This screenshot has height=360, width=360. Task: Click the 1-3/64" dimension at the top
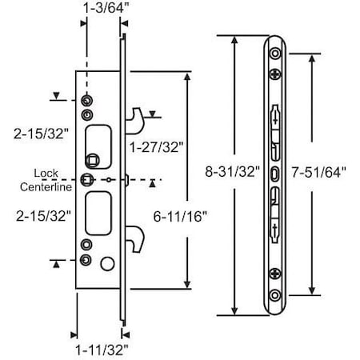(103, 10)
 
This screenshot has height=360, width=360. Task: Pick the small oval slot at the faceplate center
(276, 174)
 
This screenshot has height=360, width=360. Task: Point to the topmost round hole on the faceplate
(276, 54)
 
